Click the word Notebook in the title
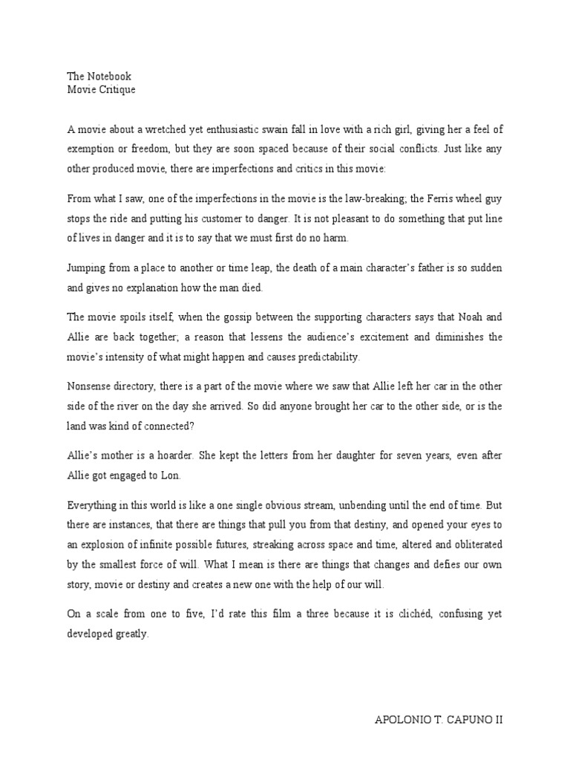[x=109, y=77]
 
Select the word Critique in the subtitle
[x=115, y=90]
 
